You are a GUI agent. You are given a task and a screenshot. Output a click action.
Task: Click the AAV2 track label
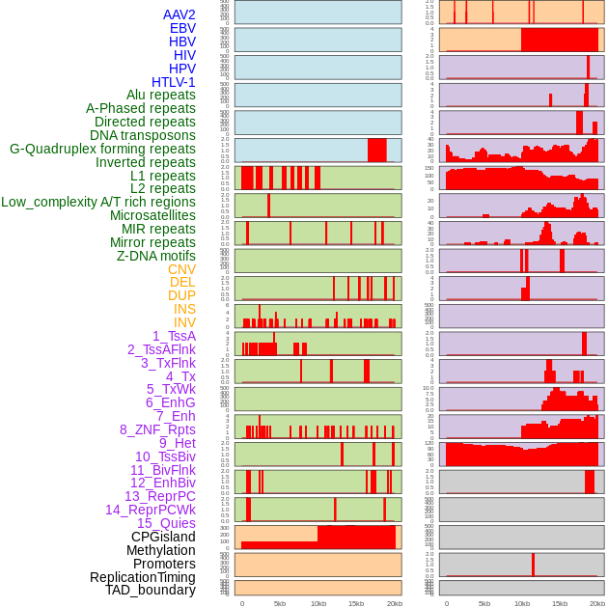click(x=180, y=14)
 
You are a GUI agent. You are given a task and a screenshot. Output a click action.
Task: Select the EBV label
click(x=182, y=28)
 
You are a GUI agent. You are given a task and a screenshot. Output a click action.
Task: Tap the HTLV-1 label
click(x=174, y=82)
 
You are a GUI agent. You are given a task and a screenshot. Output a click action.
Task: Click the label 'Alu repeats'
click(x=161, y=95)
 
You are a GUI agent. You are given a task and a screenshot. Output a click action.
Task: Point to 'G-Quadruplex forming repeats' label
click(x=102, y=149)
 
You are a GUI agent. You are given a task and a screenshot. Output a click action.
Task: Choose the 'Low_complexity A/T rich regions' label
click(x=98, y=202)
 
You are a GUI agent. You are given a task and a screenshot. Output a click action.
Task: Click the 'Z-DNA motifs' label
click(x=156, y=256)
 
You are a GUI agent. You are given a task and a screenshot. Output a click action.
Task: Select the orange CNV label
click(x=181, y=269)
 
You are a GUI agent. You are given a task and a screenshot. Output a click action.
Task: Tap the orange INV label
click(x=184, y=322)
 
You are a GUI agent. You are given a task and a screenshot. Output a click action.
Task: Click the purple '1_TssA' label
click(x=174, y=336)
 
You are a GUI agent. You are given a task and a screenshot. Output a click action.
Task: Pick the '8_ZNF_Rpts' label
click(x=157, y=429)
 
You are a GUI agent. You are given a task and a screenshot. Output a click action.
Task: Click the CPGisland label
click(x=163, y=537)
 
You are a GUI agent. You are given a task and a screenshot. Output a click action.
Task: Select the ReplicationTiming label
click(x=143, y=577)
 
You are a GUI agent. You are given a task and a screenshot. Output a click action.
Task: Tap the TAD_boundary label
click(x=151, y=590)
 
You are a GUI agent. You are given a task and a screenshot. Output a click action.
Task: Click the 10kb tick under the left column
click(x=318, y=603)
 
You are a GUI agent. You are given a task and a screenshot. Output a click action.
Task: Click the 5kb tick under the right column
click(x=484, y=603)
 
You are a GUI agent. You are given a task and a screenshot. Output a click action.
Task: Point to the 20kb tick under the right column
click(x=597, y=603)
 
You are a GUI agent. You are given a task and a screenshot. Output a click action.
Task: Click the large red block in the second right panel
click(x=560, y=40)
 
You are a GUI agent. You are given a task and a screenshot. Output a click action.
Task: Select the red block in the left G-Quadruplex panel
click(x=377, y=151)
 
